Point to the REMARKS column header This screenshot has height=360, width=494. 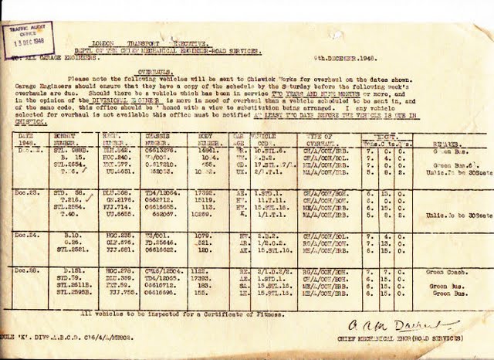(442, 143)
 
